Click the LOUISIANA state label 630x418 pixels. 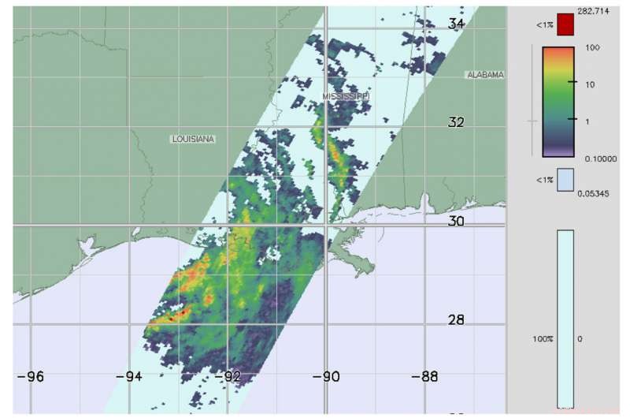(193, 139)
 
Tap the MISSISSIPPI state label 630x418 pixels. (346, 96)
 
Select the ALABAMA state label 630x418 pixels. (485, 75)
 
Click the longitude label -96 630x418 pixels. (31, 376)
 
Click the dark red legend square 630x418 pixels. (565, 24)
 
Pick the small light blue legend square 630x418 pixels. (565, 181)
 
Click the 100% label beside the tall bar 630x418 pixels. (545, 338)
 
